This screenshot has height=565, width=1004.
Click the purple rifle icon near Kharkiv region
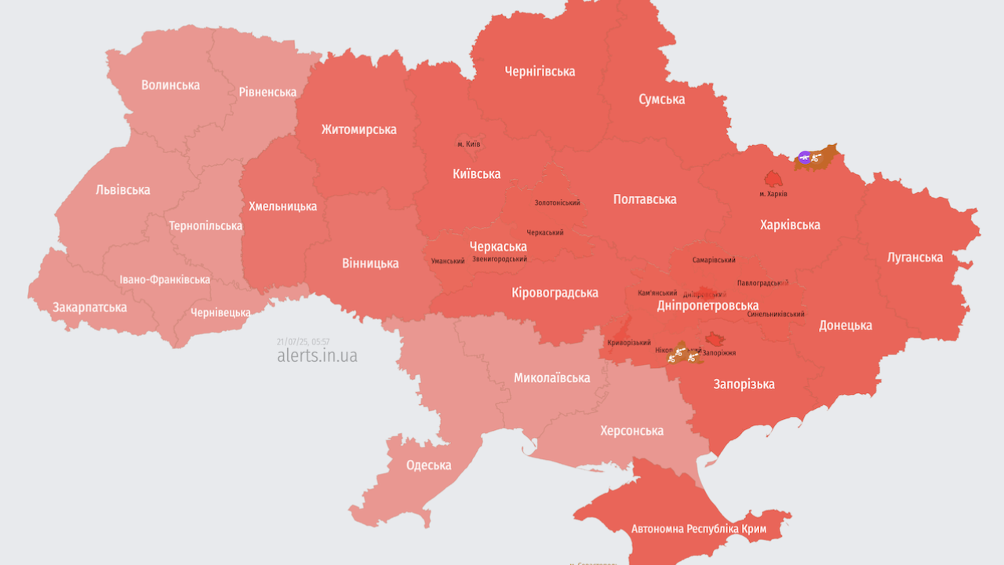(x=804, y=158)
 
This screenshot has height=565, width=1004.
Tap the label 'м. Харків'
(x=773, y=194)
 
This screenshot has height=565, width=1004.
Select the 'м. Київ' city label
(x=468, y=144)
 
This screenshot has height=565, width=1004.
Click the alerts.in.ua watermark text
(x=317, y=355)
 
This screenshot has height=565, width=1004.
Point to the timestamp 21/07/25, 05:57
(x=303, y=341)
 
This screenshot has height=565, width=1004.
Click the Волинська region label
(x=170, y=85)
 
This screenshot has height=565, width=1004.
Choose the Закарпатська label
(x=89, y=307)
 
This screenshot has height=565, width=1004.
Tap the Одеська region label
(x=428, y=465)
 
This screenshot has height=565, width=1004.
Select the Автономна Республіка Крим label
(x=699, y=529)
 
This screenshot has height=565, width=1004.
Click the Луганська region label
(x=915, y=257)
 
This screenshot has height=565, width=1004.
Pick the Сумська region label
(x=661, y=99)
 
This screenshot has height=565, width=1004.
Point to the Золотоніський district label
(x=557, y=202)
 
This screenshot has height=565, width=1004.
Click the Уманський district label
(x=448, y=261)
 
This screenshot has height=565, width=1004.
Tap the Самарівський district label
(x=714, y=260)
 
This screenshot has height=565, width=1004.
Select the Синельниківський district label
(x=776, y=314)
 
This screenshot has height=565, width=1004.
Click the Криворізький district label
(x=629, y=343)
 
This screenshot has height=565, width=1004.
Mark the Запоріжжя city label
(x=718, y=353)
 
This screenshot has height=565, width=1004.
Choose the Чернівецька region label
(x=220, y=312)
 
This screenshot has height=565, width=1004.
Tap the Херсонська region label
(x=631, y=431)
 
